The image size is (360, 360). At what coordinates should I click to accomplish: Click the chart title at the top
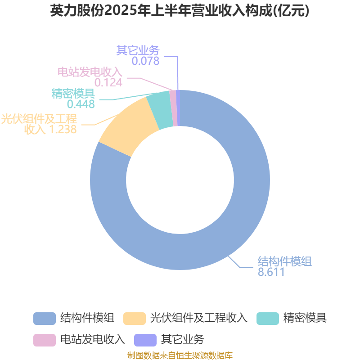pos(180,11)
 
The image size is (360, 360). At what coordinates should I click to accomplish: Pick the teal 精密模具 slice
pos(160,110)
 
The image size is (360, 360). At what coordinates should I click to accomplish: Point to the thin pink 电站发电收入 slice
pos(174,108)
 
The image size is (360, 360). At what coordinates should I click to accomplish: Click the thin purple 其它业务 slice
pos(178,108)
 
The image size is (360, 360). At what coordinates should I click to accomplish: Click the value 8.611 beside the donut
pos(271,272)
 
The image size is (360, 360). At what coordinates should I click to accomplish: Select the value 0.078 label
pos(145,61)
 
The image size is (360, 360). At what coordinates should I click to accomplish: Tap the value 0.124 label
pos(108,82)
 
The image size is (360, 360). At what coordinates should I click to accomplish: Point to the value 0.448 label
pos(81,104)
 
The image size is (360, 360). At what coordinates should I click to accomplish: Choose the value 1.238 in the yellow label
pos(63,129)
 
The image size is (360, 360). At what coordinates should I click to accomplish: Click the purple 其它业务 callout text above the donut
pos(138,50)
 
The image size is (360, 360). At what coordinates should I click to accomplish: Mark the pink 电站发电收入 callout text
pos(90,72)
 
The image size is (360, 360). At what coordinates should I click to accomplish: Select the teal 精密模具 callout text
pos(73,94)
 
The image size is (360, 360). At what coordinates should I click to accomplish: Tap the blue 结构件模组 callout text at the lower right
pos(285,261)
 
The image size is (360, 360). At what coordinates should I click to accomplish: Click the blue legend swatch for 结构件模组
pos(45,319)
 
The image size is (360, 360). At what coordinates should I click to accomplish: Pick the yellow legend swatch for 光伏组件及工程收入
pos(135,319)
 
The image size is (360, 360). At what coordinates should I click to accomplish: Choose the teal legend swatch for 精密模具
pos(268,319)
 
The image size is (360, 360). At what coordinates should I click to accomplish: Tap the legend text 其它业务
pos(183,339)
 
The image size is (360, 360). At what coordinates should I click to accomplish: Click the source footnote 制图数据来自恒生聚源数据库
pos(180,355)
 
